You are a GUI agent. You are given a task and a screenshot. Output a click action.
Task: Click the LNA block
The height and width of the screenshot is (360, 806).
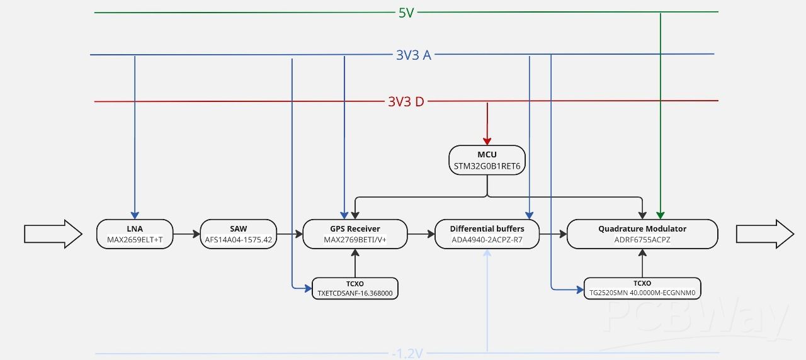[135, 233]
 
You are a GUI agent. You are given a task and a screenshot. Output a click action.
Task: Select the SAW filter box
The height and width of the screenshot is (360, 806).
[238, 233]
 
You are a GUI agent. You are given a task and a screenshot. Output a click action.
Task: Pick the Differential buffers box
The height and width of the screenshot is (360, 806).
[487, 233]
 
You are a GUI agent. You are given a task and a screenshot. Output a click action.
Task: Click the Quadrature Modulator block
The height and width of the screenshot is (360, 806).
[642, 233]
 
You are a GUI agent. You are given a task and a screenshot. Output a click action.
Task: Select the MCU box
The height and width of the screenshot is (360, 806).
[487, 160]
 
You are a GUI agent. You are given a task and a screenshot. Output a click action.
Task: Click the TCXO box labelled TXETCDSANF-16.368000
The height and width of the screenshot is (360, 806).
[355, 288]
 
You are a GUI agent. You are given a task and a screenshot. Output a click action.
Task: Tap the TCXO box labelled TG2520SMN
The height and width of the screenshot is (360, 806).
[642, 288]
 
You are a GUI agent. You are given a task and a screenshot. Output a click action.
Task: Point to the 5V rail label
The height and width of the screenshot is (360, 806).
[406, 13]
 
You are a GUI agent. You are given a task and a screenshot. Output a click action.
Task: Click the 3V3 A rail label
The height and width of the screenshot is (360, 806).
[413, 55]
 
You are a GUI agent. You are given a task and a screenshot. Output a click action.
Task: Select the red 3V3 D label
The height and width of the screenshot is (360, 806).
[406, 101]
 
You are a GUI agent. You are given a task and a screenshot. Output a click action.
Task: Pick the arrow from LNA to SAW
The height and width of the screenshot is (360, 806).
[186, 234]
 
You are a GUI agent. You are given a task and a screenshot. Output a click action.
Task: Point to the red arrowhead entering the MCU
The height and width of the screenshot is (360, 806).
[487, 141]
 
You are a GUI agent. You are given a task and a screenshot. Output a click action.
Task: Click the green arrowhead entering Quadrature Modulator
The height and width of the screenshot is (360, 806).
[660, 215]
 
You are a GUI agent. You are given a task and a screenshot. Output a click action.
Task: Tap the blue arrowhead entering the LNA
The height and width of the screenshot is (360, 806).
[135, 215]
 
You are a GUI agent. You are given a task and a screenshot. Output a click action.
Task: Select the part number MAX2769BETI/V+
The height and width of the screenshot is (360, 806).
[355, 240]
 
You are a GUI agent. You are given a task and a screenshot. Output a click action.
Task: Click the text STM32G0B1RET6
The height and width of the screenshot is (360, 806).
[487, 166]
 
